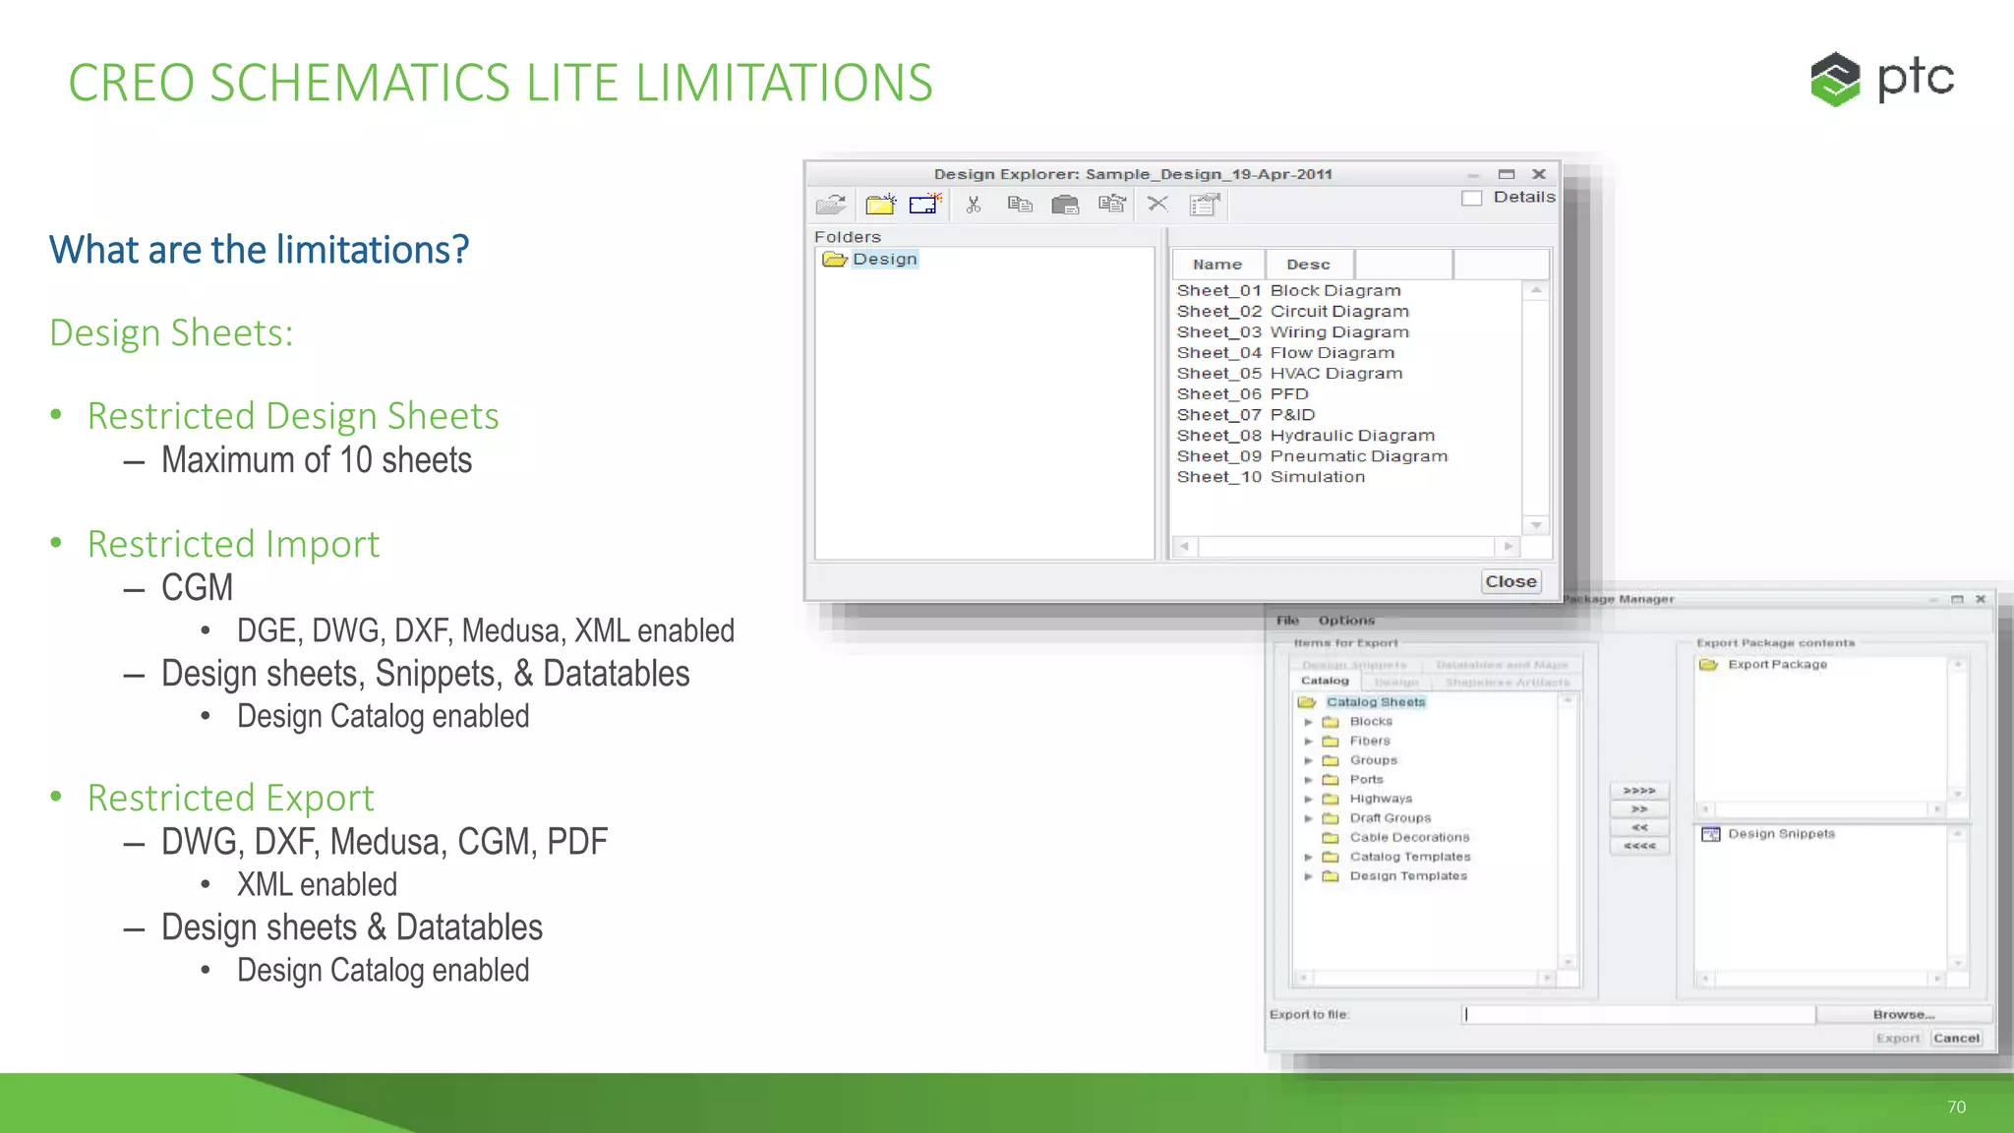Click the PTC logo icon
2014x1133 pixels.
click(1835, 79)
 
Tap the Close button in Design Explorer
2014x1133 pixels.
click(1510, 581)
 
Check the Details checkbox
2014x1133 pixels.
click(1471, 198)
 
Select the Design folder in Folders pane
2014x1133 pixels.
click(884, 259)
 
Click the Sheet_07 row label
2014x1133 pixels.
click(1218, 415)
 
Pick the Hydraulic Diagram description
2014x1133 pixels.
click(1352, 436)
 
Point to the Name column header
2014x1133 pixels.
click(1217, 265)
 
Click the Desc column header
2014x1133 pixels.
click(1308, 265)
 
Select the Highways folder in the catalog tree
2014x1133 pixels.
click(1381, 799)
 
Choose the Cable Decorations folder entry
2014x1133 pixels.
click(1409, 837)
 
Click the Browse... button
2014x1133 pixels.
click(1903, 1014)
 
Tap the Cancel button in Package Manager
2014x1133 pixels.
click(1956, 1038)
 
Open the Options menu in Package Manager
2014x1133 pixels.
click(1346, 621)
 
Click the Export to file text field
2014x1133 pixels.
click(1638, 1014)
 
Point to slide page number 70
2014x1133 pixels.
click(1956, 1107)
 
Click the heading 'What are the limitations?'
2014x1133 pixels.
click(260, 250)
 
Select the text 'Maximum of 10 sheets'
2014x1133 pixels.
click(317, 460)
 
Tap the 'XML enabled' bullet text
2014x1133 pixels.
click(317, 884)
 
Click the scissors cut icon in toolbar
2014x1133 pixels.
click(974, 205)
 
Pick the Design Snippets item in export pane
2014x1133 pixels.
click(1781, 834)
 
